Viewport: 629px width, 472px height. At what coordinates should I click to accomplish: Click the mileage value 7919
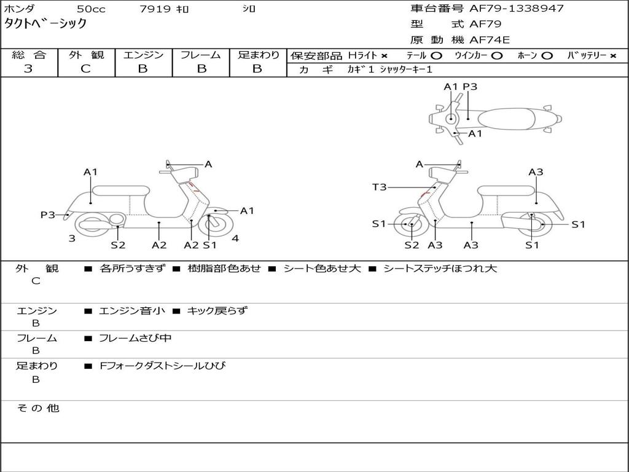tap(155, 9)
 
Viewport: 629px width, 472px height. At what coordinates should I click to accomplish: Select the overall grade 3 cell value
tap(28, 69)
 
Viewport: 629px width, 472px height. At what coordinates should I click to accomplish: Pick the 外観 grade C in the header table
tap(85, 69)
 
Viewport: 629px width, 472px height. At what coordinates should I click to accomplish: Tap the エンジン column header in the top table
tap(143, 55)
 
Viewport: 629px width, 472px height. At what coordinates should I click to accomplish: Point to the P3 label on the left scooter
tap(48, 214)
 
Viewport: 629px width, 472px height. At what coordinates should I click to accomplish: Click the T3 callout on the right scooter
tap(379, 187)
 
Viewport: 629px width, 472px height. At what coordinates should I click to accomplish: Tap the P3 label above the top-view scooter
tap(470, 87)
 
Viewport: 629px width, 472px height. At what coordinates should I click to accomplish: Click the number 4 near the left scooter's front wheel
tap(235, 238)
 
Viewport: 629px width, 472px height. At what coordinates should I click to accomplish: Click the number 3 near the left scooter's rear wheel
tap(72, 238)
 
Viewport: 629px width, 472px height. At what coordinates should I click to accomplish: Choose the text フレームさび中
tap(135, 338)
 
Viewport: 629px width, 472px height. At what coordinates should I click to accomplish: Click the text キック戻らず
tap(217, 311)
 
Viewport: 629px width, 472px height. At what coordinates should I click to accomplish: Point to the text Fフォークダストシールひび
tap(163, 366)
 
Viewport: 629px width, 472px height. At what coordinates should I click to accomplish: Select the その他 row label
tap(37, 408)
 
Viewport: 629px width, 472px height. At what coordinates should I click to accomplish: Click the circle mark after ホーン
tap(547, 55)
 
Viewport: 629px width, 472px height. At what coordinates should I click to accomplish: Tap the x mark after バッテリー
tap(612, 55)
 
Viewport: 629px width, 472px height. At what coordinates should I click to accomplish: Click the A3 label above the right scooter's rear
tap(536, 172)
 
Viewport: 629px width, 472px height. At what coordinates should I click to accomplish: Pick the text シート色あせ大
tap(322, 269)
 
